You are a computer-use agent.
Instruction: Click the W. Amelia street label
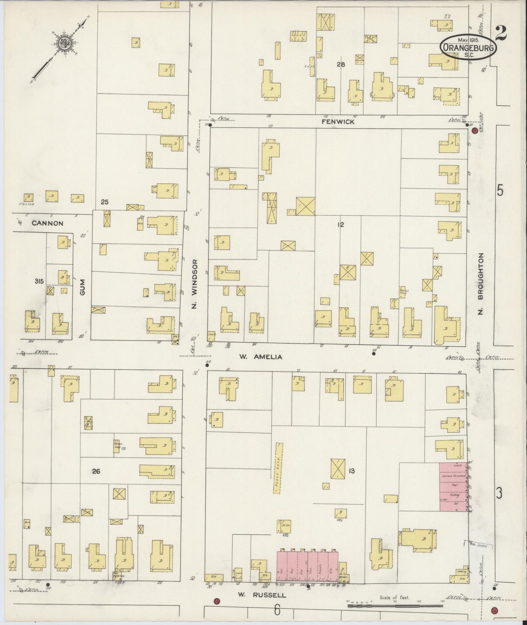pyautogui.click(x=260, y=357)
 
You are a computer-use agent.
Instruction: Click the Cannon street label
pyautogui.click(x=47, y=223)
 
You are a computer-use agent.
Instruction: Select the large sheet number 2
pyautogui.click(x=501, y=34)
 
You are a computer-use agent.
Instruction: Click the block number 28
pyautogui.click(x=341, y=65)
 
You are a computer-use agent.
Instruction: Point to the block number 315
pyautogui.click(x=39, y=281)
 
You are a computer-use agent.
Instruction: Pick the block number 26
pyautogui.click(x=96, y=471)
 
